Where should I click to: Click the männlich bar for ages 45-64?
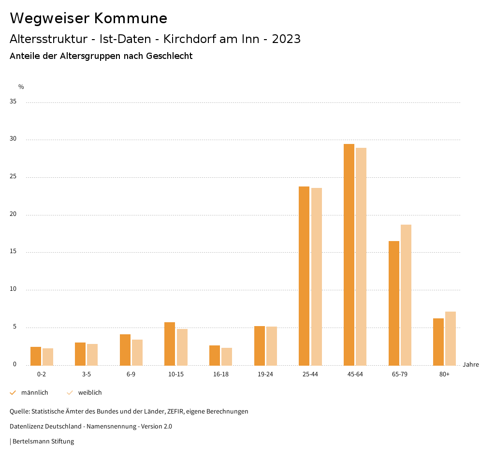[x=349, y=255]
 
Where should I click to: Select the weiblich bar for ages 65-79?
[x=406, y=295]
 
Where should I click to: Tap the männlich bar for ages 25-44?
[x=304, y=276]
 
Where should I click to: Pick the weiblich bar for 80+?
[x=451, y=338]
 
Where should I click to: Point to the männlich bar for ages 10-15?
[x=170, y=343]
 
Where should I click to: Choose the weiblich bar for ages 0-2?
[x=48, y=357]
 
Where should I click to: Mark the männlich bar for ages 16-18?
[x=215, y=355]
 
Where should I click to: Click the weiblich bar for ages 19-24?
[x=272, y=346]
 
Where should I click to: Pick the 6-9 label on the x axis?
[x=131, y=374]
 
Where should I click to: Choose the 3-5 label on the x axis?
[x=87, y=374]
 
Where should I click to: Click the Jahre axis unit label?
[x=470, y=365]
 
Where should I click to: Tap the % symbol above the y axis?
[x=21, y=87]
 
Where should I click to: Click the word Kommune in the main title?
[x=131, y=18]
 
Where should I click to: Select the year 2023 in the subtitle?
[x=286, y=39]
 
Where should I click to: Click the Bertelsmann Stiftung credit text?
[x=43, y=442]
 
